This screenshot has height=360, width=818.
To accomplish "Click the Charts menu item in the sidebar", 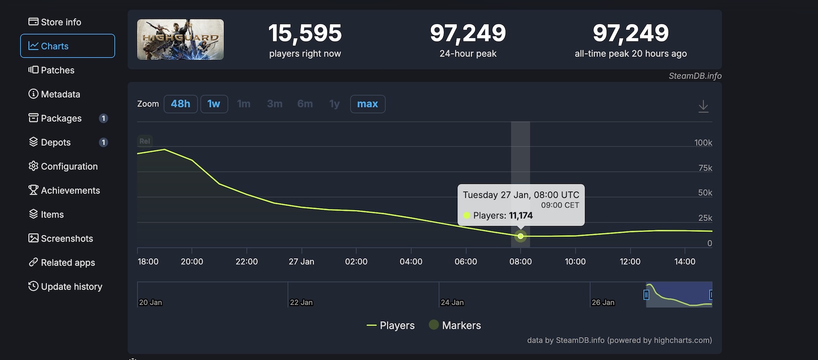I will (67, 46).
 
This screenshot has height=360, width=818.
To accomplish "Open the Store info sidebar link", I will (55, 22).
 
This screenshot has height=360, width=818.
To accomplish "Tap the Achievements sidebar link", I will (64, 190).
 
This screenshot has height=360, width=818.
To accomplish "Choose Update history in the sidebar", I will (65, 286).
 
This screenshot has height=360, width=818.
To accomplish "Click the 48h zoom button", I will (180, 104).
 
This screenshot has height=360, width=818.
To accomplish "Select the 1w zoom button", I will (214, 104).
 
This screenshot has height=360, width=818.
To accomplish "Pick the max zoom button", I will (367, 104).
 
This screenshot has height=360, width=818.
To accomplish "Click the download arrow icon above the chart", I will (703, 106).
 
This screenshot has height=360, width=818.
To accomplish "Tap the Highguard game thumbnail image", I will (180, 39).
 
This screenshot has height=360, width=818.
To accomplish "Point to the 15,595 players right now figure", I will (305, 33).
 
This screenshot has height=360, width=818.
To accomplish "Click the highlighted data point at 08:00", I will (521, 236).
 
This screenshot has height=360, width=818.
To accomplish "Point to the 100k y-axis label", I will (703, 142).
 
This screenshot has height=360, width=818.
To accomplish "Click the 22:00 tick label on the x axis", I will (246, 261).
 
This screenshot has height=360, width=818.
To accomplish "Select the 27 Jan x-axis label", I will (301, 261).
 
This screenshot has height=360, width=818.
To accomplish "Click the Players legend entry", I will (391, 325).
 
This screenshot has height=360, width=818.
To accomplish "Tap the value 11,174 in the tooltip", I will (521, 215).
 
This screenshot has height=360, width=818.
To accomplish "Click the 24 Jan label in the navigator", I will (452, 302).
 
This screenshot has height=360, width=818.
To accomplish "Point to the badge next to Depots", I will (103, 142).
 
